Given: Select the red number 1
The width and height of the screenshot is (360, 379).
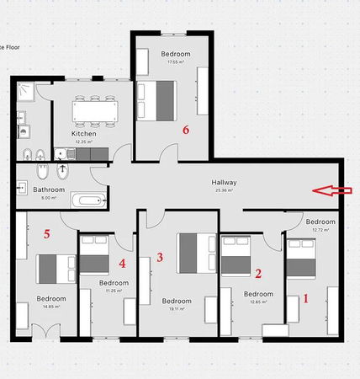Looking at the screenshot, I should [306, 297].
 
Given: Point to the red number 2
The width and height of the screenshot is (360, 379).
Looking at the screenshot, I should [258, 272].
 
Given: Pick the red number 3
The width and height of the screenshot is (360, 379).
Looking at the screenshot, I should [160, 256].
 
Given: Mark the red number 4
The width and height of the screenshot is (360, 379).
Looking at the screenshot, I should [123, 263].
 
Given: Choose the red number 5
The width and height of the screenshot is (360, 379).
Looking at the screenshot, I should [48, 234].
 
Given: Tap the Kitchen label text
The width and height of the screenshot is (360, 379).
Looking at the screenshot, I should [83, 133].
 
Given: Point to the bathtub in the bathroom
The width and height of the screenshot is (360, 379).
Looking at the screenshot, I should [88, 200].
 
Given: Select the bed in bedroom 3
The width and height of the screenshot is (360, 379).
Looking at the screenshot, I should [196, 254].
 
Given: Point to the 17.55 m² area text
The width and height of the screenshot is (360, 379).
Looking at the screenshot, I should [176, 61].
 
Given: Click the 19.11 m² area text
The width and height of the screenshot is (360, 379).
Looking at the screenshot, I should [177, 308].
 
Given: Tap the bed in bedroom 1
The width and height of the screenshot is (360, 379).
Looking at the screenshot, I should [300, 258].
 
